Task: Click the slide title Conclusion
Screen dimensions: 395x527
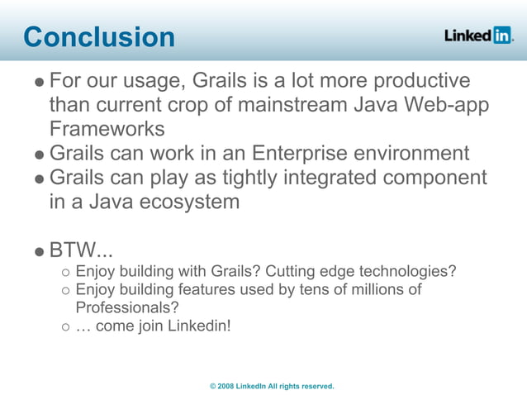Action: click(x=99, y=37)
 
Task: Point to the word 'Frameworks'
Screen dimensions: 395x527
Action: click(x=107, y=129)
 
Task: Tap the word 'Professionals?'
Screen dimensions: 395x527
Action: click(x=127, y=307)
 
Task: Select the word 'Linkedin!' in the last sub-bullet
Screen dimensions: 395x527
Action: click(x=200, y=326)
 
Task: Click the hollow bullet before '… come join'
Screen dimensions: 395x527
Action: click(x=66, y=326)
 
